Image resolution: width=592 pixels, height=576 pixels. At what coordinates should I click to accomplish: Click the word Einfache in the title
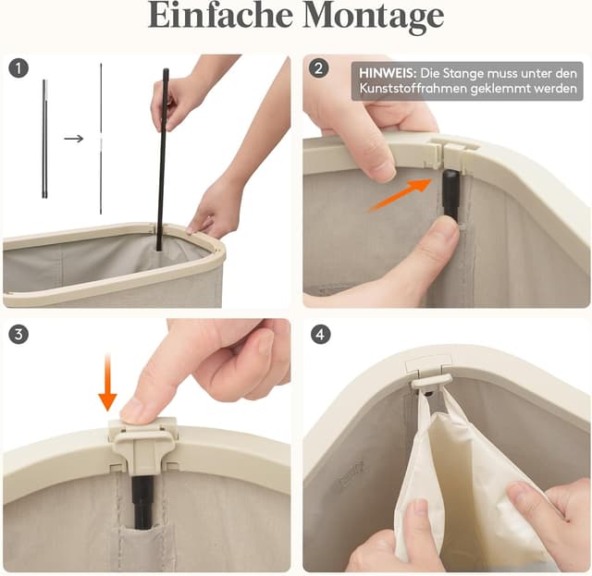click(x=220, y=15)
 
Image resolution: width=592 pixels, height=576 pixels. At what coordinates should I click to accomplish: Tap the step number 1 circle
click(x=18, y=68)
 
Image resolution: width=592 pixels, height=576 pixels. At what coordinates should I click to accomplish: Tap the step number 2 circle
click(x=318, y=68)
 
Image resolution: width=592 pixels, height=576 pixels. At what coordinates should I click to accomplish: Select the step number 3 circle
click(x=18, y=334)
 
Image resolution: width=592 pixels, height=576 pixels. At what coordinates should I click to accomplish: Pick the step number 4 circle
click(x=321, y=334)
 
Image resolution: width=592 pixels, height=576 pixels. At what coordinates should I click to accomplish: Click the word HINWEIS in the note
click(x=388, y=73)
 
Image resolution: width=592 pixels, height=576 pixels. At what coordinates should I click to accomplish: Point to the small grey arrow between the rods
click(x=74, y=139)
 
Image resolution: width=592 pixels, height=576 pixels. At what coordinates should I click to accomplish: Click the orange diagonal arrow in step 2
click(x=401, y=195)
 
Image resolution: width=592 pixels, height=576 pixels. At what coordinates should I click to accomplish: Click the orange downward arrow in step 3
click(x=107, y=383)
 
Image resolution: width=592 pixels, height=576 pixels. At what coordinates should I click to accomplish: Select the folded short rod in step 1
click(x=44, y=139)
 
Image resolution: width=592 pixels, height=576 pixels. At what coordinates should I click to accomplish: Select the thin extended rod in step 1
click(x=101, y=139)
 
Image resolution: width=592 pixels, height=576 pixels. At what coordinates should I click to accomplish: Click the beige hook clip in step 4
click(x=430, y=383)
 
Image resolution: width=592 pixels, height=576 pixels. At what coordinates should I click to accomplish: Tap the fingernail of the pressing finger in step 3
click(x=134, y=411)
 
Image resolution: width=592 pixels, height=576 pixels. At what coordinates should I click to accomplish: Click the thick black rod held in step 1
click(x=163, y=159)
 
